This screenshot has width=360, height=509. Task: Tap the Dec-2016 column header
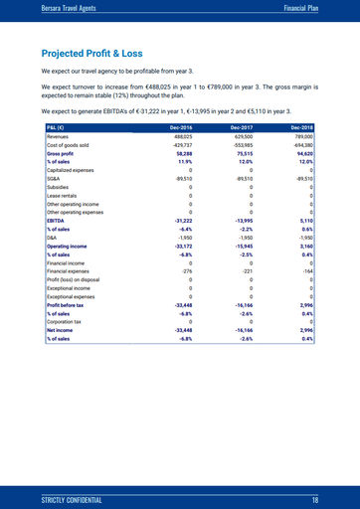tap(179, 128)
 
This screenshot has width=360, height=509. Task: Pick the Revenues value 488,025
tap(181, 137)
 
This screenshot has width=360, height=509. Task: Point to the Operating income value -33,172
tap(180, 246)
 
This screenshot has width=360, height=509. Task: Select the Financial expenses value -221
tap(249, 270)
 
